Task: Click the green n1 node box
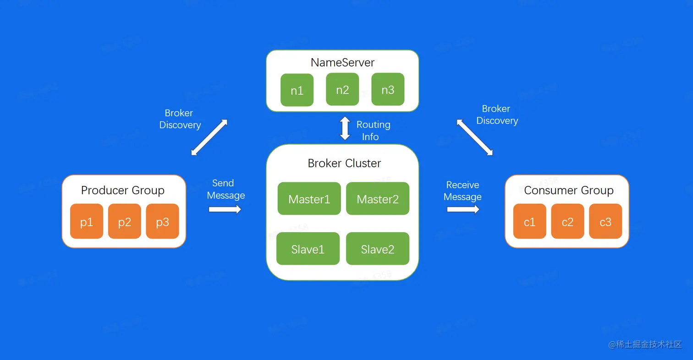(x=297, y=90)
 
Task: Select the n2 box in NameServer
(x=342, y=89)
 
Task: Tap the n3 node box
(x=388, y=89)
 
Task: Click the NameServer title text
(x=342, y=62)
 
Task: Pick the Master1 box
(x=309, y=199)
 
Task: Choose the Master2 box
(x=378, y=199)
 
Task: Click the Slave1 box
(x=308, y=249)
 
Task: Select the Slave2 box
(x=378, y=249)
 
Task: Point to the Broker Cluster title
(x=344, y=164)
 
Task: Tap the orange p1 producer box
(x=87, y=222)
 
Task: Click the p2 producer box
(x=125, y=222)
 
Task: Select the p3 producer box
(x=163, y=222)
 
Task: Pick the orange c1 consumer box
(x=530, y=222)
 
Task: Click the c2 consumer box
(x=567, y=222)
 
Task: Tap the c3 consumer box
(x=605, y=222)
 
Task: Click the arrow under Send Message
(x=225, y=209)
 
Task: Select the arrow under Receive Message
(x=463, y=209)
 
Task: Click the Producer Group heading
(x=123, y=190)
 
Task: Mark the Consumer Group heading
(x=569, y=190)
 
